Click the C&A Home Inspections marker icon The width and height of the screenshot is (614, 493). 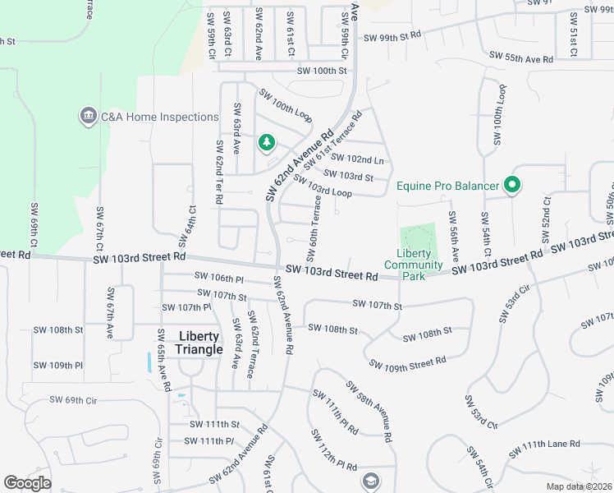tap(87, 117)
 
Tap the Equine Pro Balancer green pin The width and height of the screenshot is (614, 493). tap(512, 186)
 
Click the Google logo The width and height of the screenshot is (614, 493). tap(28, 483)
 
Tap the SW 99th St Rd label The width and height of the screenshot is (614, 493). tap(392, 36)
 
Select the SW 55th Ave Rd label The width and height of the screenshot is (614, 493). tap(521, 58)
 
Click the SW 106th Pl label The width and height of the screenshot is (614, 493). tap(218, 279)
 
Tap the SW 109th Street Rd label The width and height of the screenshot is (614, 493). tap(407, 362)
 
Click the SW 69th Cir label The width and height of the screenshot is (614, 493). tap(73, 400)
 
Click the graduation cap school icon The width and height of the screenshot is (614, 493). tap(371, 479)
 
